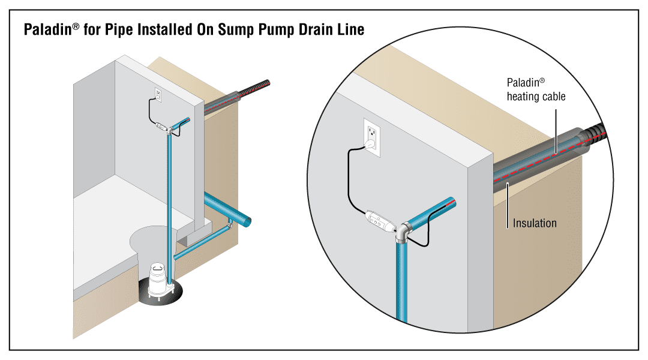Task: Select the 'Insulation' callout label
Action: pyautogui.click(x=534, y=223)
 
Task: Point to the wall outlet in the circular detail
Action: pyautogui.click(x=372, y=136)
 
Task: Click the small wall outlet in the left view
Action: pyautogui.click(x=158, y=95)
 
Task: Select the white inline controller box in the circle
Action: pyautogui.click(x=379, y=220)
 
